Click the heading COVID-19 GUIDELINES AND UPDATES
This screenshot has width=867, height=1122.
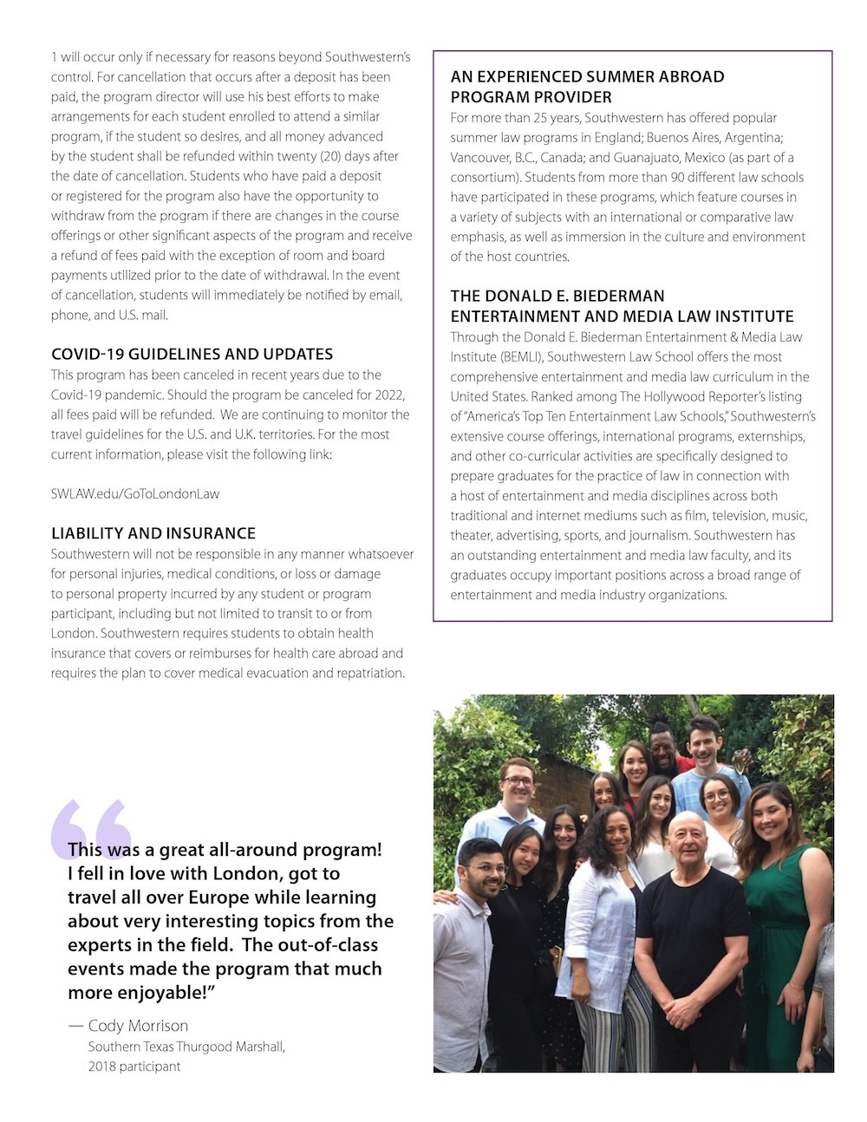click(192, 354)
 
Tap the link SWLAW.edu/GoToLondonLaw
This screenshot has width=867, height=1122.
click(135, 493)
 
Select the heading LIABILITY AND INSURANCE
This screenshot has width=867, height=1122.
click(153, 533)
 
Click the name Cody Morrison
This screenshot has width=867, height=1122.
click(138, 1026)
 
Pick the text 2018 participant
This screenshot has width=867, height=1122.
click(134, 1066)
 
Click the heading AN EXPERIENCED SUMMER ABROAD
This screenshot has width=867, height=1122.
click(587, 76)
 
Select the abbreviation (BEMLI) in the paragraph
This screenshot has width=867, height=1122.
click(519, 356)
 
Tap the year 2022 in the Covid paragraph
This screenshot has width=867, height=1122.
click(390, 395)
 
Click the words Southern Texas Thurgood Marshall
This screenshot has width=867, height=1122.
click(186, 1047)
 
